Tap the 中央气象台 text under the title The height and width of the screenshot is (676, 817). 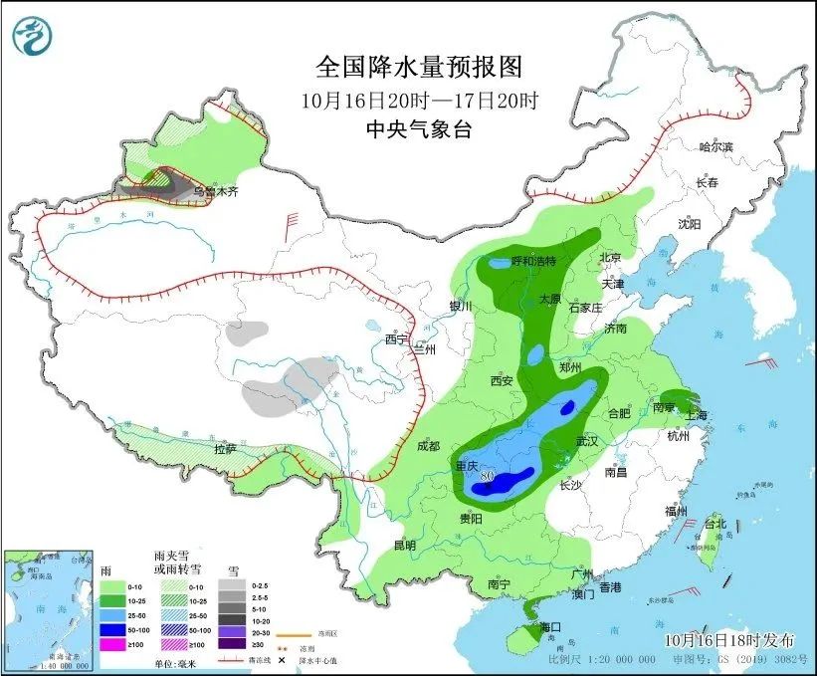[x=418, y=128]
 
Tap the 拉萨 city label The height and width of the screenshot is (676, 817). [x=225, y=449]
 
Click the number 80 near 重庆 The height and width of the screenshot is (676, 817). [x=487, y=477]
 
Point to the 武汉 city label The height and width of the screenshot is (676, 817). [x=587, y=440]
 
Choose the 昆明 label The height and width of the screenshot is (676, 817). [x=404, y=546]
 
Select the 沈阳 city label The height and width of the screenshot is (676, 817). [x=690, y=224]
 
